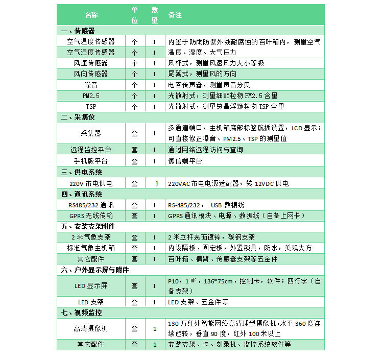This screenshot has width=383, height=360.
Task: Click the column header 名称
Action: pos(91,15)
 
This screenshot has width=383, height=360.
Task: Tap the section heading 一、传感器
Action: pos(78,31)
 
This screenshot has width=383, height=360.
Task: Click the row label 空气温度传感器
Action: pos(91,41)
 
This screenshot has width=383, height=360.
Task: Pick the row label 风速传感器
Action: pos(91,63)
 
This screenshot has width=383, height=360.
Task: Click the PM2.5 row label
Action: pos(91,95)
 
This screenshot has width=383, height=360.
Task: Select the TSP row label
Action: pos(91,106)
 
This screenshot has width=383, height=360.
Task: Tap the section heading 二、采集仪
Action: pos(78,117)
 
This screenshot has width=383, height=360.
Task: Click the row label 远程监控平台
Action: pos(91,150)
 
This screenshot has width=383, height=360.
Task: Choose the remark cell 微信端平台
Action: pos(185,161)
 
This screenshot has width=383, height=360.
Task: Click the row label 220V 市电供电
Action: pos(91,183)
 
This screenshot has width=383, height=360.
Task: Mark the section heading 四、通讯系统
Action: pos(81,194)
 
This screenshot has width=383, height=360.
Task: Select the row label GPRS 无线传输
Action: pos(91,216)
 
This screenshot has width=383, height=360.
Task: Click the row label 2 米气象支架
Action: pos(91,237)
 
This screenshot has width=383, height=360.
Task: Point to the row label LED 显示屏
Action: pos(91,286)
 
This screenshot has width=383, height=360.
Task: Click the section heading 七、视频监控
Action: pos(81,312)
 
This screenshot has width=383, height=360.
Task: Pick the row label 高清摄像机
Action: pos(91,328)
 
